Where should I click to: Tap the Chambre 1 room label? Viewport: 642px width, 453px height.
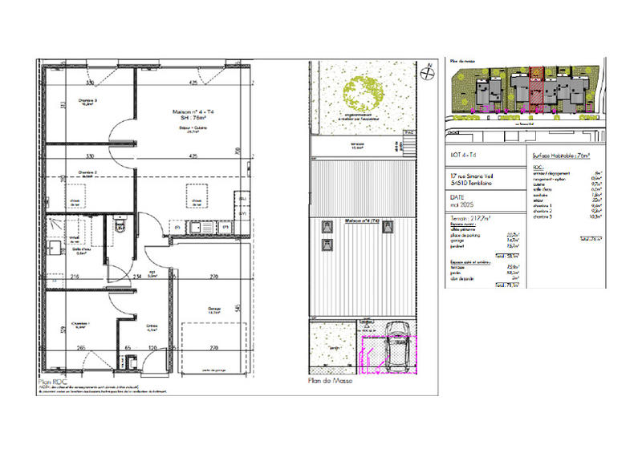click(x=79, y=325)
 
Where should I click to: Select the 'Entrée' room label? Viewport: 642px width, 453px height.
click(x=150, y=325)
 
